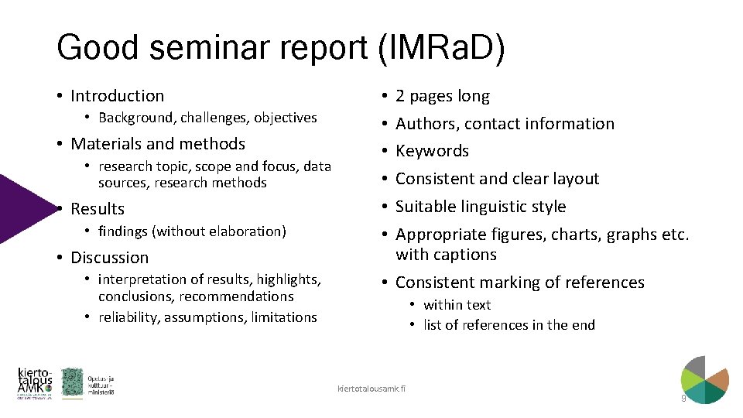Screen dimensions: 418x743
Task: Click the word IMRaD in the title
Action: pyautogui.click(x=440, y=48)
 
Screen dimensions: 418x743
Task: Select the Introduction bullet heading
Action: pyautogui.click(x=117, y=96)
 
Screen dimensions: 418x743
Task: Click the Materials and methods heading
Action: pyautogui.click(x=157, y=144)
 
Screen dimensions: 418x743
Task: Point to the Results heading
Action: pyautogui.click(x=97, y=209)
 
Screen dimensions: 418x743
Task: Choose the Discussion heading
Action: pyautogui.click(x=109, y=258)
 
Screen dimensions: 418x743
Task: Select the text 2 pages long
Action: pyautogui.click(x=442, y=96)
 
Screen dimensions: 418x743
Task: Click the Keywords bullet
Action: pyautogui.click(x=432, y=151)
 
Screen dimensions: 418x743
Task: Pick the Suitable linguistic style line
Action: pyautogui.click(x=480, y=207)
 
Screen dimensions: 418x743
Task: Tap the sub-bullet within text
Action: pyautogui.click(x=457, y=305)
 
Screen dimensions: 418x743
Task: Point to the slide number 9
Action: pyautogui.click(x=683, y=399)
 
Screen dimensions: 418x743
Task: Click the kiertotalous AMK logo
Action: pyautogui.click(x=35, y=383)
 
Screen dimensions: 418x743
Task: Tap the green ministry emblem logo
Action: pyautogui.click(x=72, y=382)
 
